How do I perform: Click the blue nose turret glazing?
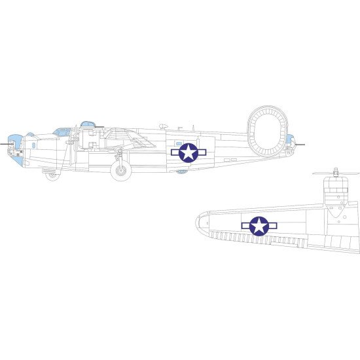pos(17,141)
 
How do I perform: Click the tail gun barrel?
pos(298,139)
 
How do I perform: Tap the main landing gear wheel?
pos(120,171)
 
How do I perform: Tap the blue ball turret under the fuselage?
pos(181,171)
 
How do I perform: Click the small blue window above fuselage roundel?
pos(178,142)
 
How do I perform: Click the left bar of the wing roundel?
pos(247,226)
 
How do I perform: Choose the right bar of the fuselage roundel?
pos(201,153)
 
